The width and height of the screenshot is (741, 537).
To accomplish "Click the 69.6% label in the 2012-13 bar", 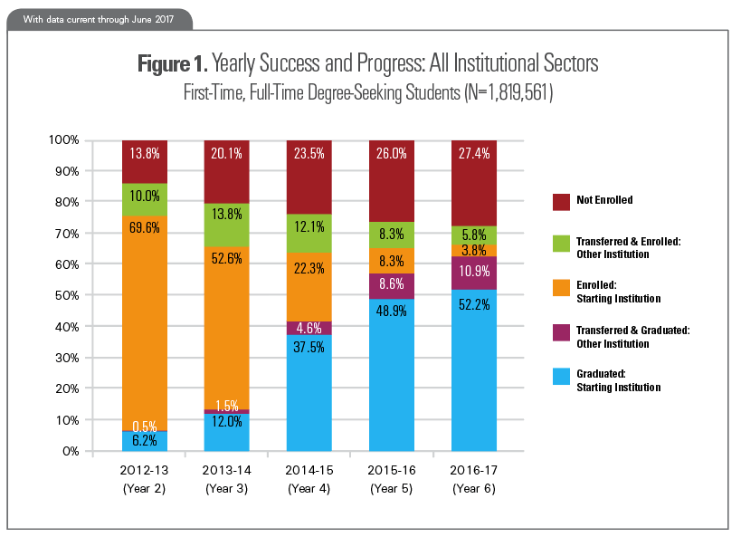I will [145, 228].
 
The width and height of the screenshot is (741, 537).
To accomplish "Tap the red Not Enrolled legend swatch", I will [561, 199].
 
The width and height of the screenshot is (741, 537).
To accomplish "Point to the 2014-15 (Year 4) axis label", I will [309, 480].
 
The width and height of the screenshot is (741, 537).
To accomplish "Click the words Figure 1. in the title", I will [172, 64].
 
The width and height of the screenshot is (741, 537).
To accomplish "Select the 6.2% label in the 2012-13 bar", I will [145, 441].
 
